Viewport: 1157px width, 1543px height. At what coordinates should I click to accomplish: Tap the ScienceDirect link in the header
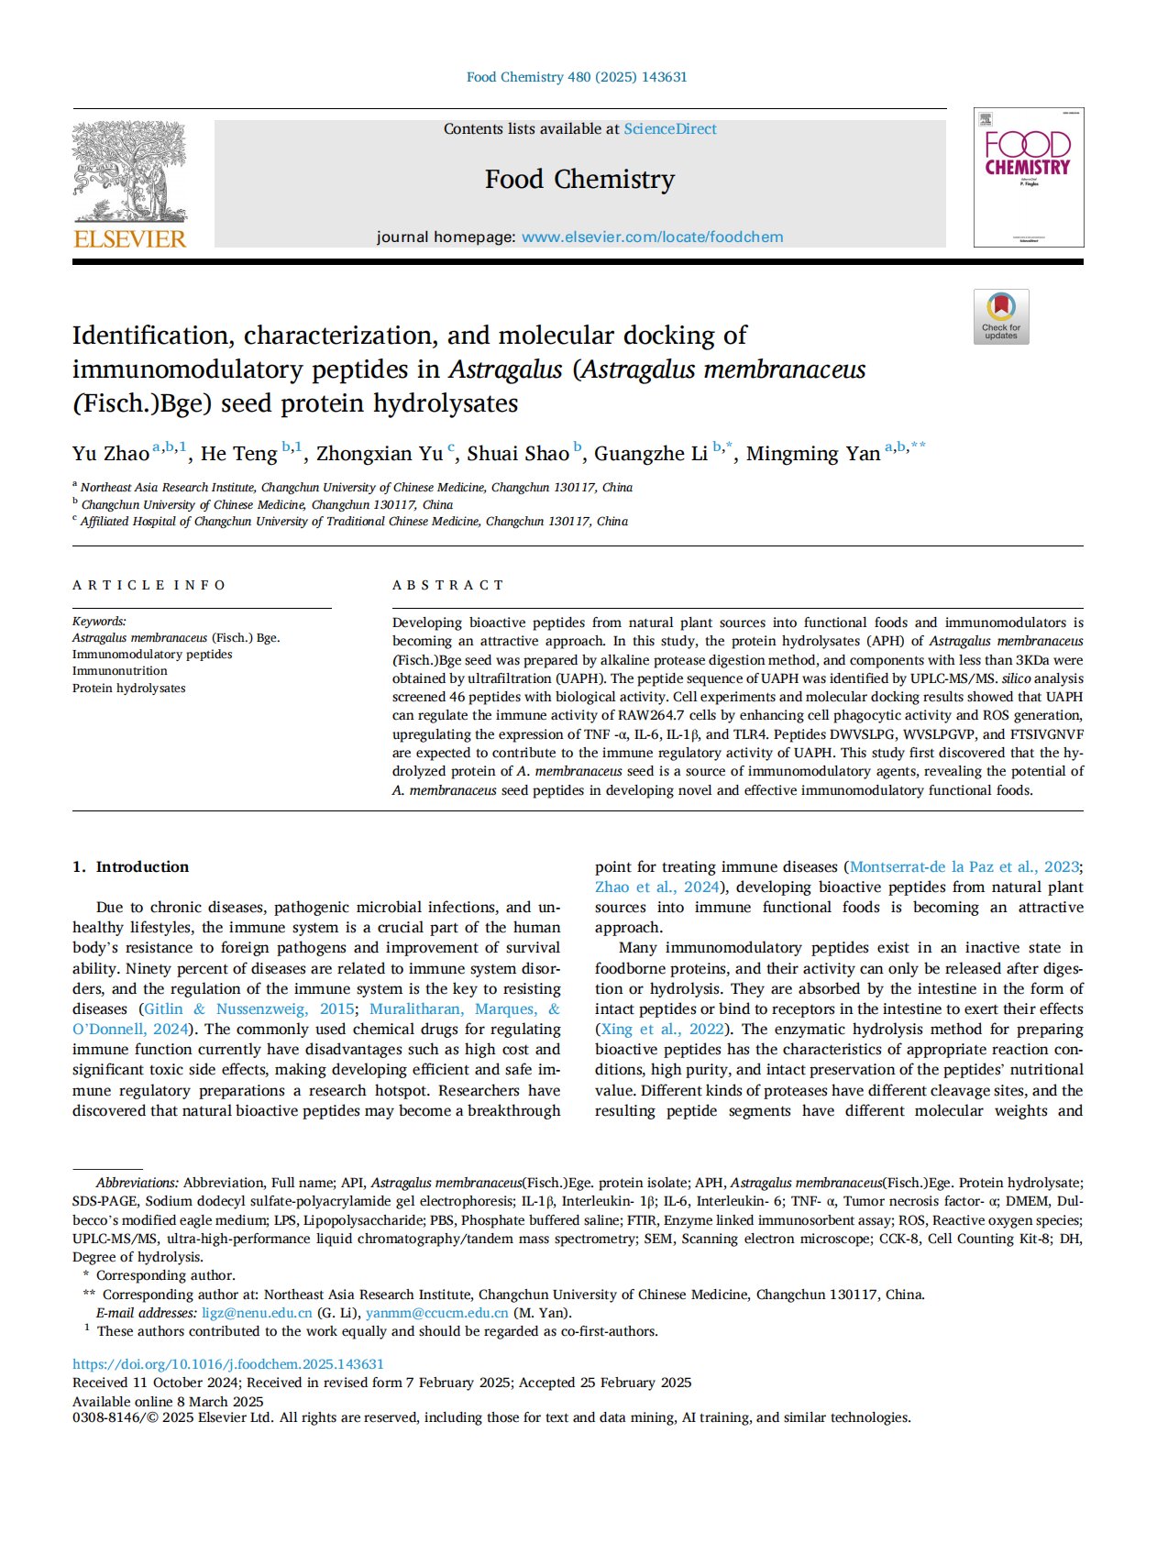click(x=670, y=129)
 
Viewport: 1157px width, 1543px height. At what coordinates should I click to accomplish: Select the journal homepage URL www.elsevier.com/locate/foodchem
click(x=652, y=237)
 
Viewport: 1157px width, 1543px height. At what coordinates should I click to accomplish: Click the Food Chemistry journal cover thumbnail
click(x=1028, y=177)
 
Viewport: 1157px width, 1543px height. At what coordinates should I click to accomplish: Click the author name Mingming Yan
click(x=812, y=454)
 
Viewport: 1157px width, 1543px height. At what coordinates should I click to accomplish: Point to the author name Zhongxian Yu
click(x=380, y=454)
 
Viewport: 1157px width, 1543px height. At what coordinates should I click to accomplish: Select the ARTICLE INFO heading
click(x=149, y=585)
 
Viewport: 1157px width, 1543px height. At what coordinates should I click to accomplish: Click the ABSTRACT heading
click(x=448, y=585)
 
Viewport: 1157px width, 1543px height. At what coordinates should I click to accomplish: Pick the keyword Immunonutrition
click(x=120, y=671)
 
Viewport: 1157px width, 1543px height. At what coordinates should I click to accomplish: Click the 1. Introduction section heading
click(x=130, y=867)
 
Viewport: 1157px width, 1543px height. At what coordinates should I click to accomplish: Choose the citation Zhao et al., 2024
click(x=656, y=887)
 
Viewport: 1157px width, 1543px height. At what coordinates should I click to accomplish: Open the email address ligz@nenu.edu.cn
click(x=257, y=1313)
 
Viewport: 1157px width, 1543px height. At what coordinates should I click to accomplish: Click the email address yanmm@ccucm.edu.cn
click(x=436, y=1313)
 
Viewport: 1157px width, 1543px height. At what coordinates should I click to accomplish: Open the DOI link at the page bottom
click(x=228, y=1364)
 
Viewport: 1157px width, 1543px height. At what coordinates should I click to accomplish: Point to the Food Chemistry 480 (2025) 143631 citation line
click(x=577, y=77)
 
